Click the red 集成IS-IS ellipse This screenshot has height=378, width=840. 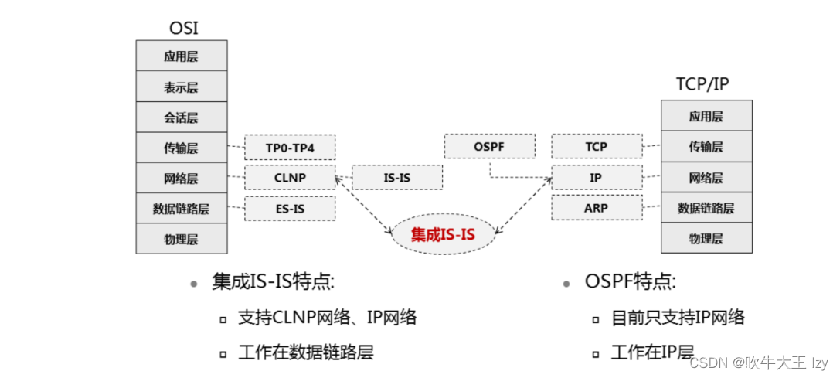443,233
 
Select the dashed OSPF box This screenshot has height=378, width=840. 489,146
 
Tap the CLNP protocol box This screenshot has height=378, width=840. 290,177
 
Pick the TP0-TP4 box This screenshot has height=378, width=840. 290,146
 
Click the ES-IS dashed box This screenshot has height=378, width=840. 290,208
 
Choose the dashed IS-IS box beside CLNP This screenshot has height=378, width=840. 397,177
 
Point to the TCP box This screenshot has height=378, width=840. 596,146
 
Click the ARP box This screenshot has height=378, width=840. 596,207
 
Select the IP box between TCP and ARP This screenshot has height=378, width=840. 596,177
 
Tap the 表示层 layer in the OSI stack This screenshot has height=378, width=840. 182,87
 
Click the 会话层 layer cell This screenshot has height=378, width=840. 182,117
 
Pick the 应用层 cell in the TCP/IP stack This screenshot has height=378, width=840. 706,116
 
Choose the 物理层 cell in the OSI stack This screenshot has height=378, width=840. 182,239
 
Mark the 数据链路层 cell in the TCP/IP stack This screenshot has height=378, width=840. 706,207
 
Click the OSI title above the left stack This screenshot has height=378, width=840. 183,29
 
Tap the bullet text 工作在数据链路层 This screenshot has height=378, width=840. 306,352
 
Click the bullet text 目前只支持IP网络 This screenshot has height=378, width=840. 678,317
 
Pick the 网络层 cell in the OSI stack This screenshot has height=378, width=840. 182,178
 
